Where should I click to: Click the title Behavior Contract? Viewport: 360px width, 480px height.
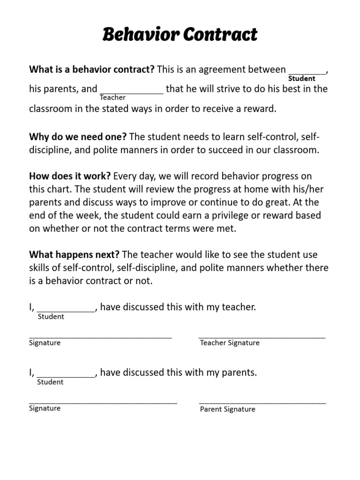(180, 35)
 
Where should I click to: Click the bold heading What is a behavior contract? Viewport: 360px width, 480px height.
(92, 70)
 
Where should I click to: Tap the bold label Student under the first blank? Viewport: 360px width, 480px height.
(301, 79)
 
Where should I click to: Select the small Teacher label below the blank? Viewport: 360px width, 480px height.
(112, 97)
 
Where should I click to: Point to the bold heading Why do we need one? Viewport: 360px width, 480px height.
(78, 137)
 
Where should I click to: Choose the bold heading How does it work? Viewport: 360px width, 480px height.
(70, 176)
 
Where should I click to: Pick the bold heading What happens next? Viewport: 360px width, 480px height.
(75, 255)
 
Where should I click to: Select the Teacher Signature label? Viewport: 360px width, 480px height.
(230, 343)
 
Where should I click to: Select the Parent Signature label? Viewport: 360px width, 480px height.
(228, 409)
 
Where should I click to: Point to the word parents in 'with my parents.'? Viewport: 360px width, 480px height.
(240, 373)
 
